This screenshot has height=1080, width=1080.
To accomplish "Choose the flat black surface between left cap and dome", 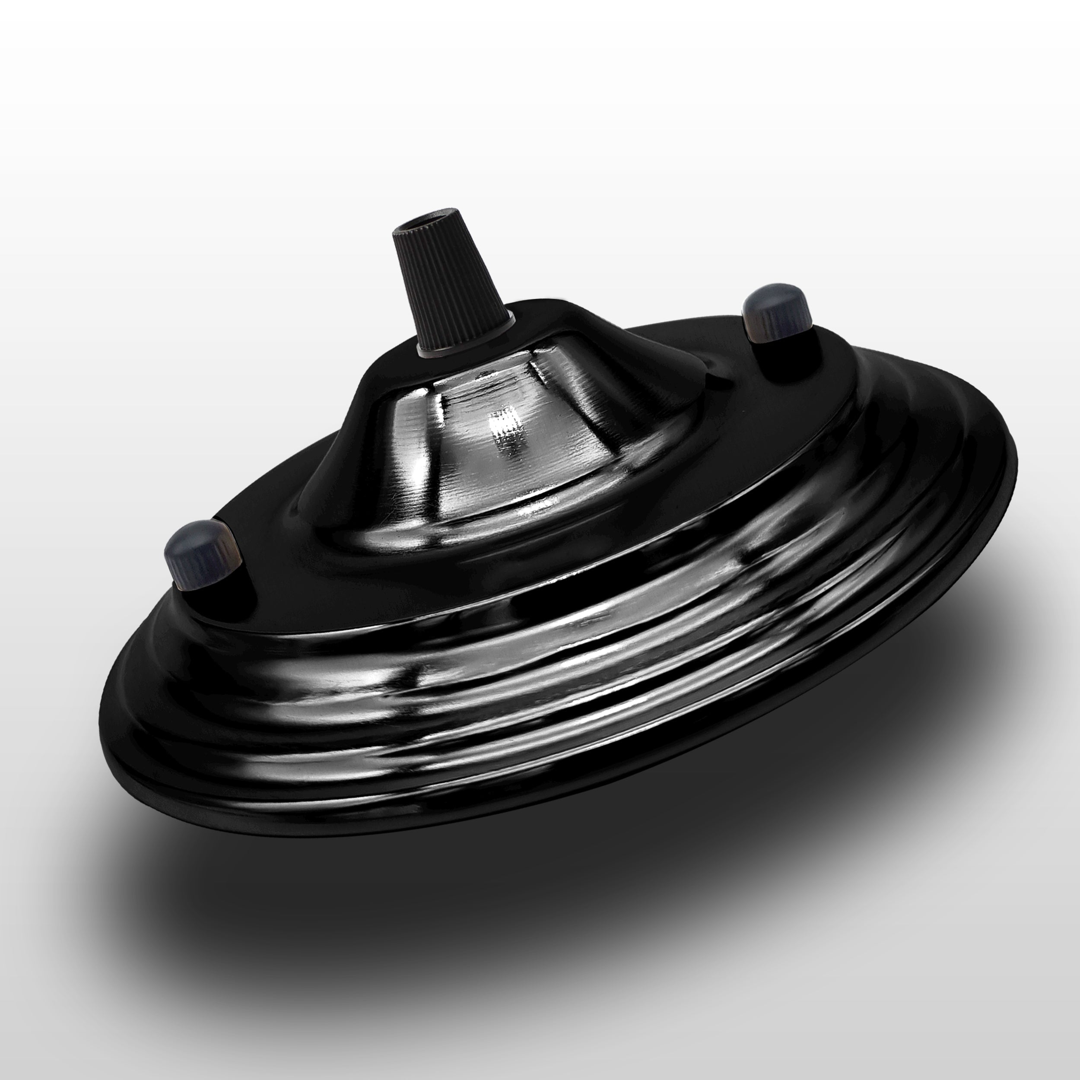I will coord(268,537).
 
